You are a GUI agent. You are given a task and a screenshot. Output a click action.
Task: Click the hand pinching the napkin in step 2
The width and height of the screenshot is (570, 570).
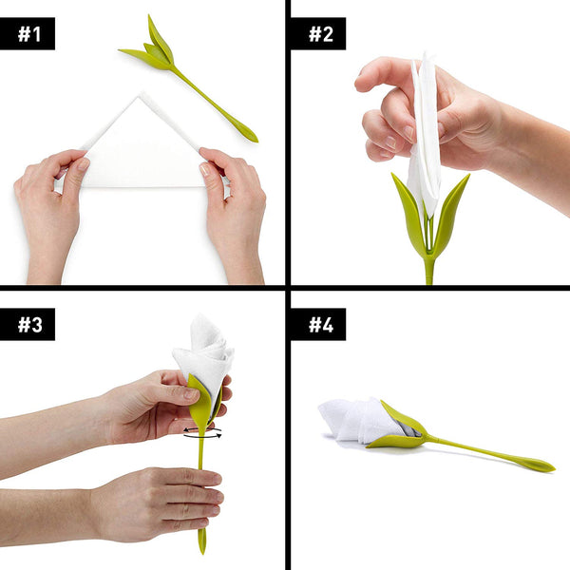418,104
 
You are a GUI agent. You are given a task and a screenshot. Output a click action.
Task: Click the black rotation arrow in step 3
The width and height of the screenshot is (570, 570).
202,433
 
